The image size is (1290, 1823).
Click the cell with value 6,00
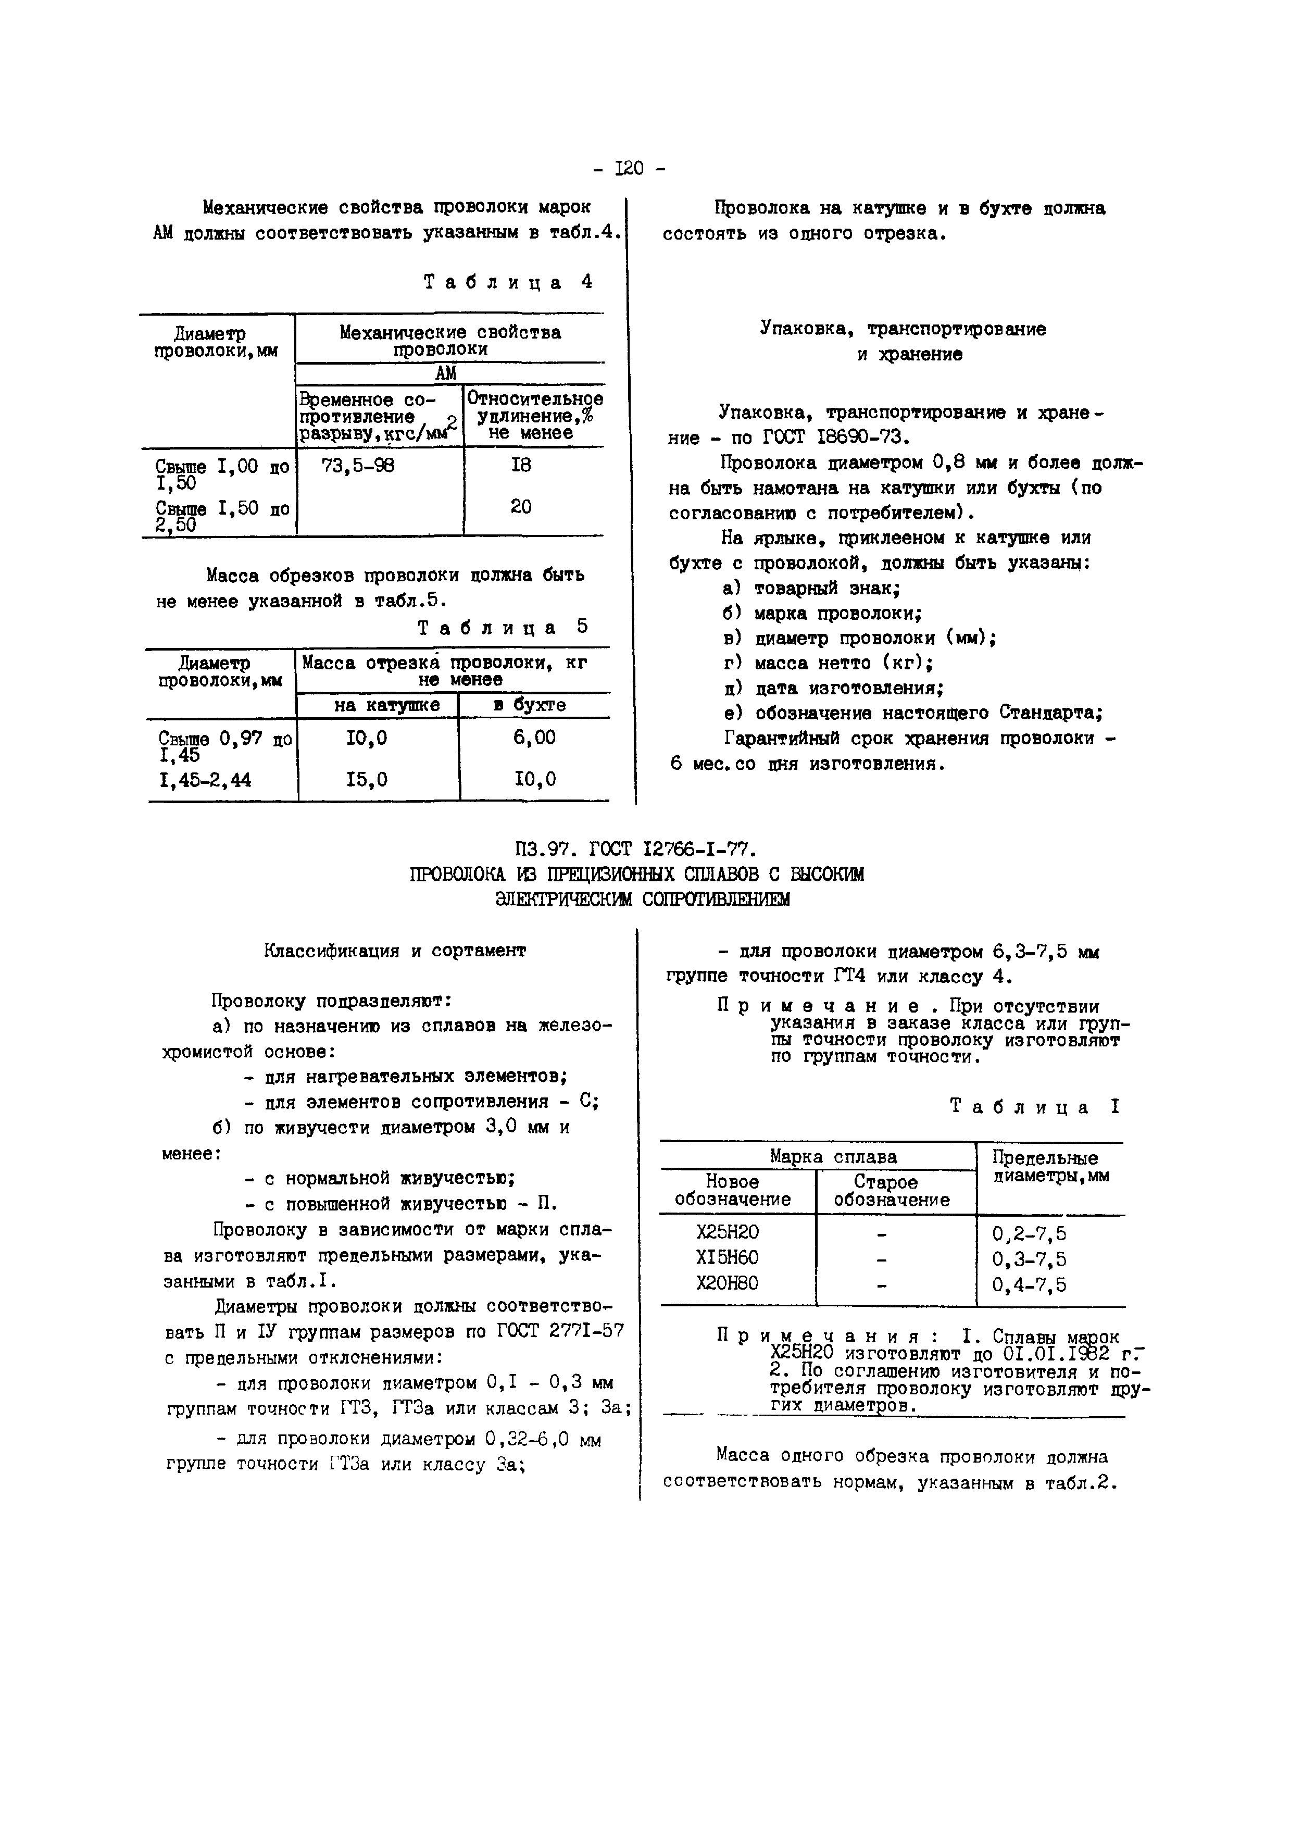point(534,738)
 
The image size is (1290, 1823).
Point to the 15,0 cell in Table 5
point(367,780)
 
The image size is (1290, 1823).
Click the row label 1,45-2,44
point(205,781)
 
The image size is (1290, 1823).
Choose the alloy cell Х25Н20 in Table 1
point(728,1233)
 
